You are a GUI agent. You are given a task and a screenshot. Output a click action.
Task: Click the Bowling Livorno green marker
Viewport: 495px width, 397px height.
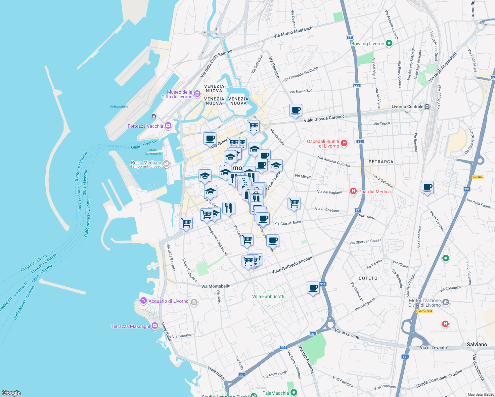point(389,43)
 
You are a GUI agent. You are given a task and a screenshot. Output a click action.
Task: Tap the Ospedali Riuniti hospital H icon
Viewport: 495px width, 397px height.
point(344,143)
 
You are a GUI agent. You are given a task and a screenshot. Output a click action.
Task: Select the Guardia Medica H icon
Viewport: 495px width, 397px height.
point(353,191)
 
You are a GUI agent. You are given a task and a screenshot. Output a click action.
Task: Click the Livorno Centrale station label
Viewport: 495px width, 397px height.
point(407,107)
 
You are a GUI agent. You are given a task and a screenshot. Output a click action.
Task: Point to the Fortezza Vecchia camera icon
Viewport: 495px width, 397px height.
point(168,125)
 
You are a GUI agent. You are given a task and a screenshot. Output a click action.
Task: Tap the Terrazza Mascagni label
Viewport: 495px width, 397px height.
point(130,326)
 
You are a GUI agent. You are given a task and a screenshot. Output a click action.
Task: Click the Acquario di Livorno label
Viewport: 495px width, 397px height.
point(168,301)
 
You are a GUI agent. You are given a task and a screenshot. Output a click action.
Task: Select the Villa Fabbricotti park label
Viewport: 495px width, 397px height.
point(268,296)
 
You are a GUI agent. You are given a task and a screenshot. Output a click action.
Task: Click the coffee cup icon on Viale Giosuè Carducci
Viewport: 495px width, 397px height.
point(295,110)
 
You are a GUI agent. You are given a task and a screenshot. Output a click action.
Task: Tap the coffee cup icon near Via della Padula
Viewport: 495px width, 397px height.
point(427,187)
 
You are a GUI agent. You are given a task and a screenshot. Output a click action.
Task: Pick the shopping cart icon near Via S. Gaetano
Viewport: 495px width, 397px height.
point(294,202)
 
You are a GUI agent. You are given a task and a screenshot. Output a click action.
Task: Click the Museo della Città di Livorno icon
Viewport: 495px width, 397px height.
point(197,94)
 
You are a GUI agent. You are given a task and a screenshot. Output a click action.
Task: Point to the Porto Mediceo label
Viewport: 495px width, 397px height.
point(146,162)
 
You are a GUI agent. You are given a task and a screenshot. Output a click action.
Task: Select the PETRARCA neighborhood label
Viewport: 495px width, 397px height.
point(381,162)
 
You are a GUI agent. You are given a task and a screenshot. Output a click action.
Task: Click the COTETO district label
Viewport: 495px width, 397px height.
point(368,278)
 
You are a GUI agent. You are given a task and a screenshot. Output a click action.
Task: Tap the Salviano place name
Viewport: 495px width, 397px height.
point(477,344)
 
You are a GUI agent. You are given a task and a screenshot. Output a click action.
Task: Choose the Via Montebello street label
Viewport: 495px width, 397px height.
point(216,286)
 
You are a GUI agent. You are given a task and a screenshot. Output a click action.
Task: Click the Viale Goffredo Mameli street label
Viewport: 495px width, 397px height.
point(292,265)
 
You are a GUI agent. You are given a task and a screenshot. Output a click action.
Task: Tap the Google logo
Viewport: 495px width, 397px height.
point(11,393)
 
